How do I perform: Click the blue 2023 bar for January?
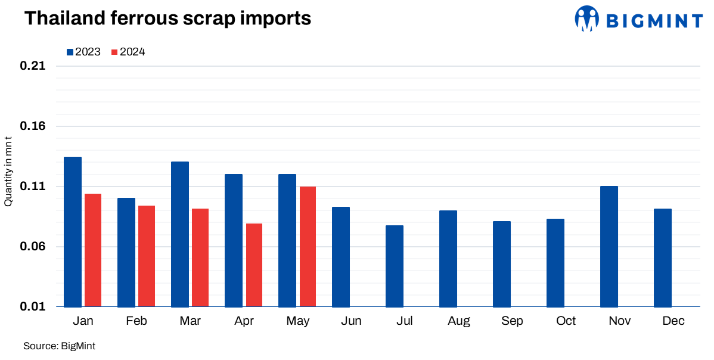coord(73,232)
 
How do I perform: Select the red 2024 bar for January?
coord(93,250)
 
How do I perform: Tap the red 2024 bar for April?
coord(254,265)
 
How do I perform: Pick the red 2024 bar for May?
coord(308,247)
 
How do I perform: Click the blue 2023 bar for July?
coord(395,266)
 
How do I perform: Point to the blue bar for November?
coord(609,246)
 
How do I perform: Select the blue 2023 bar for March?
coord(180,234)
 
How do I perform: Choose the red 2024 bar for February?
coord(147,256)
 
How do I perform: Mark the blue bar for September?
coord(502,264)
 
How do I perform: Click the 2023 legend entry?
coord(83,52)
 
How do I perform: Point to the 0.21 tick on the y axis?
coord(33,66)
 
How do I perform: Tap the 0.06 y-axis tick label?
coord(33,247)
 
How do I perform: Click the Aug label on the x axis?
coord(459,321)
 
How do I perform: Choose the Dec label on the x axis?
coord(673,321)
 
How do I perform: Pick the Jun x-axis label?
coord(352,321)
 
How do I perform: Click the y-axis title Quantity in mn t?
coord(8,172)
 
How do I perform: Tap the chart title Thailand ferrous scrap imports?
coord(167,18)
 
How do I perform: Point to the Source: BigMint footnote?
coord(60,346)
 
